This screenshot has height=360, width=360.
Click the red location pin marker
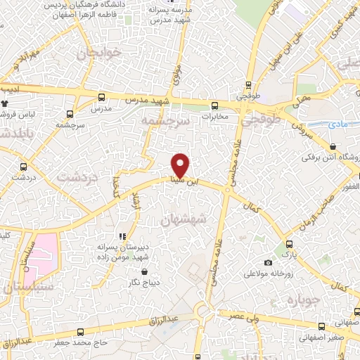click(x=181, y=165)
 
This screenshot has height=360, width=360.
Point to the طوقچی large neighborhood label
click(x=260, y=121)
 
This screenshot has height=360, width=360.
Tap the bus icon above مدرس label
click(x=102, y=98)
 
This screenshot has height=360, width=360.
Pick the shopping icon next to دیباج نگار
click(x=144, y=271)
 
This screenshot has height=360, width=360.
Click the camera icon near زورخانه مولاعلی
click(x=268, y=262)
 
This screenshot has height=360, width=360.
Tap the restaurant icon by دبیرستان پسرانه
click(x=122, y=236)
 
